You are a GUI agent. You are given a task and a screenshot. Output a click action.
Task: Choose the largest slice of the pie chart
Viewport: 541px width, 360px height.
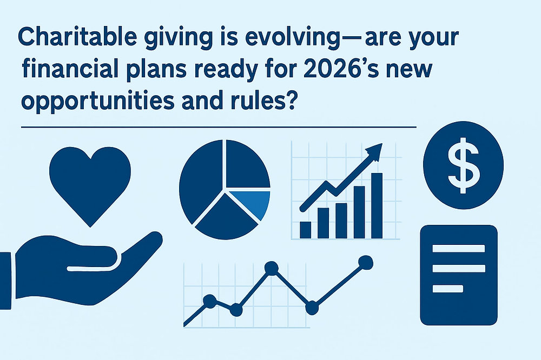tap(203, 178)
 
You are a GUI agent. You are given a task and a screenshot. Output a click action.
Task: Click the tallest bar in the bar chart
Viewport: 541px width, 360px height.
tap(376, 205)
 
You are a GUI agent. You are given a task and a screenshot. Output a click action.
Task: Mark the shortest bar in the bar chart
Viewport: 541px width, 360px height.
tap(306, 230)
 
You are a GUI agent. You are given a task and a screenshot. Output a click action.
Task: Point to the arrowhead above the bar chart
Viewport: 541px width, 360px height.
tap(375, 151)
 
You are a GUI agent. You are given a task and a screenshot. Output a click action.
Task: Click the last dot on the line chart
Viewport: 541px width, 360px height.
tap(366, 263)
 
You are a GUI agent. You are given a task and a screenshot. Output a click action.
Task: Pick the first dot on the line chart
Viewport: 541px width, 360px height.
tap(209, 301)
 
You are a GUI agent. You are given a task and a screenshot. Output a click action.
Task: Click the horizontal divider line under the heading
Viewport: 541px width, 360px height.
tap(216, 128)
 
